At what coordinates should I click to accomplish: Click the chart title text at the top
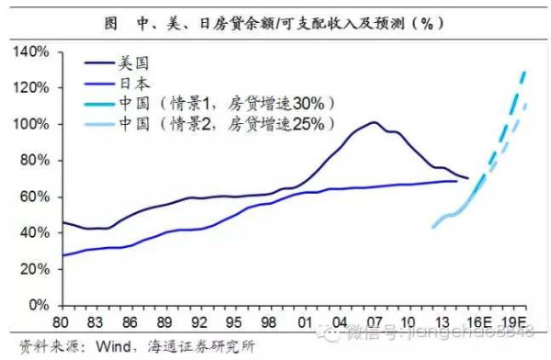[275, 20]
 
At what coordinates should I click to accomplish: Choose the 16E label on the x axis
[481, 321]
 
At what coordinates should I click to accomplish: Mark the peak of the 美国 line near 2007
[374, 122]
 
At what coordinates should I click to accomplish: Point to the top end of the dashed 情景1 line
[525, 71]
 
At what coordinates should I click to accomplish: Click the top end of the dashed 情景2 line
[527, 105]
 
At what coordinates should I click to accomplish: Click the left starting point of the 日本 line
[62, 255]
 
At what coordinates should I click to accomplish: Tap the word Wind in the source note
[109, 347]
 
